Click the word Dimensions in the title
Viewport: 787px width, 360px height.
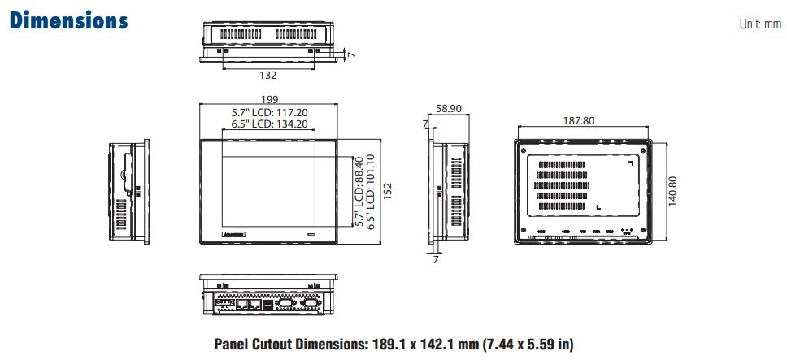(68, 20)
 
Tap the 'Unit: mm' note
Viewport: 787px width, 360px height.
(759, 24)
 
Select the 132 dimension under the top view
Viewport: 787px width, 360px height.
(267, 75)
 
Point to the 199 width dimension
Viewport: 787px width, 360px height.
(268, 100)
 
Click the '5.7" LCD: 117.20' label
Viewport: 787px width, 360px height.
(269, 112)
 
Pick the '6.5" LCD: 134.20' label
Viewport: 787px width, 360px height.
(269, 124)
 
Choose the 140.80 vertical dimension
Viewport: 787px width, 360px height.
(672, 192)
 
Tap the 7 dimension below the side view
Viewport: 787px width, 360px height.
(436, 260)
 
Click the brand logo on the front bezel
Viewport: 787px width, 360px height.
(232, 235)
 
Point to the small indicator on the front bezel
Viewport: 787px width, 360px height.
(312, 235)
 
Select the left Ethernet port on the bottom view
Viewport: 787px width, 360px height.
(241, 306)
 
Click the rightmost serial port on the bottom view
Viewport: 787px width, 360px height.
(308, 306)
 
